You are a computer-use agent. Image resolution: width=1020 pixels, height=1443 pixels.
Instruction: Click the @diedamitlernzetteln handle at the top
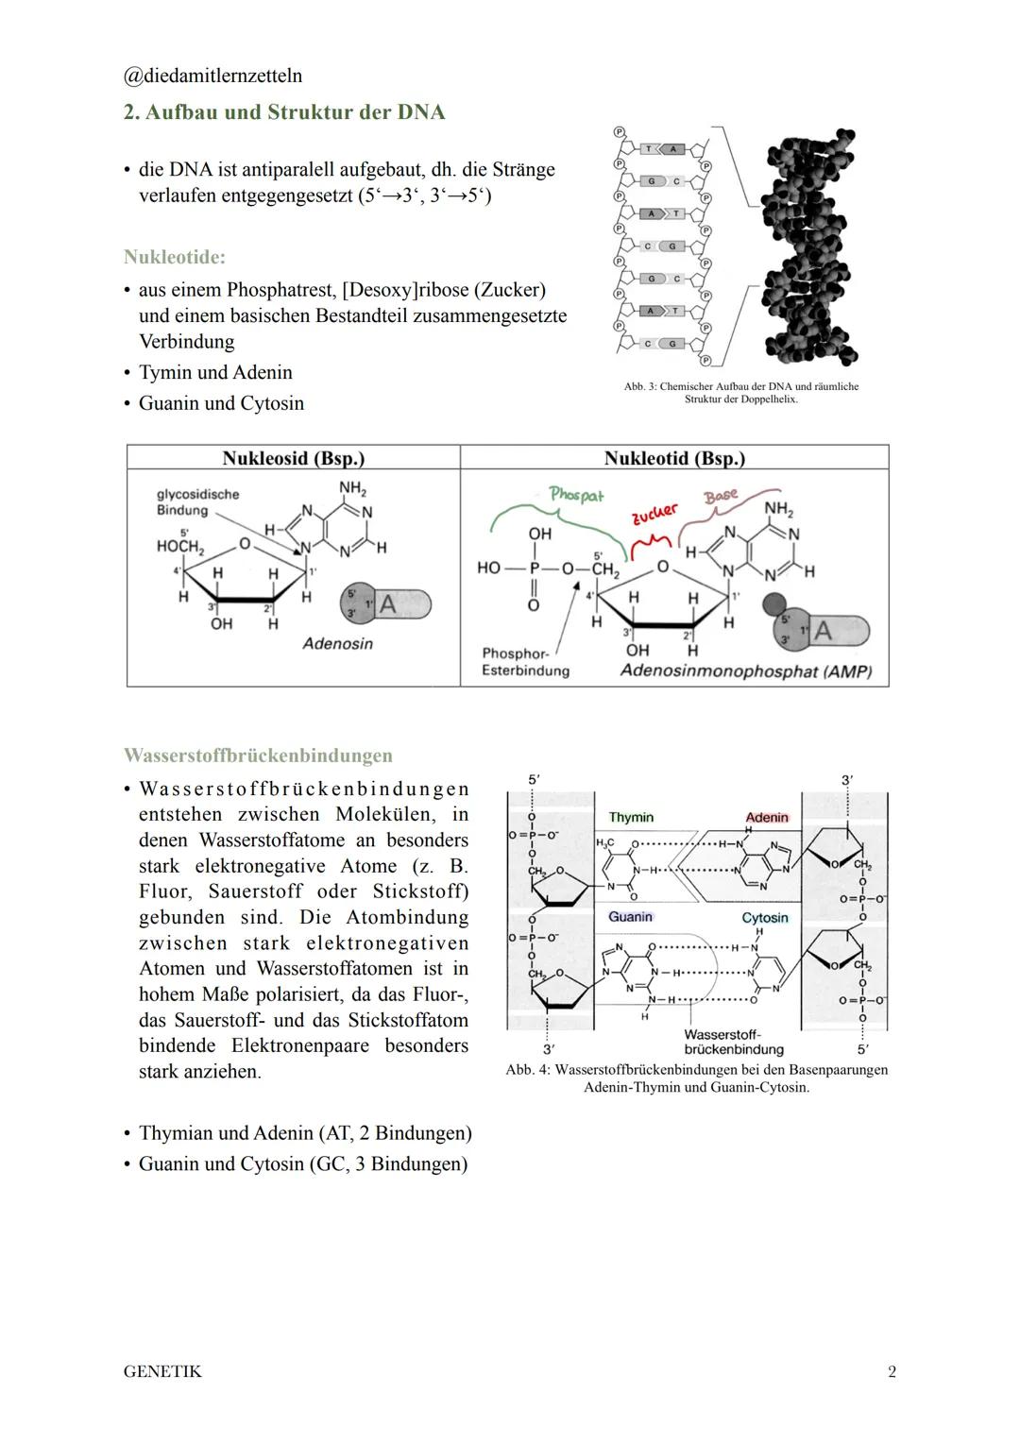[212, 76]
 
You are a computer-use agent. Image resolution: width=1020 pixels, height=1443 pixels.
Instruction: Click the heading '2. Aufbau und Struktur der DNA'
[284, 112]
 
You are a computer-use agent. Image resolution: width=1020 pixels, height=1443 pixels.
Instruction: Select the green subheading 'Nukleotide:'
[174, 257]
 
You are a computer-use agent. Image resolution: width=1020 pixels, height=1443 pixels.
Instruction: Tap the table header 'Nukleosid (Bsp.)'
[293, 458]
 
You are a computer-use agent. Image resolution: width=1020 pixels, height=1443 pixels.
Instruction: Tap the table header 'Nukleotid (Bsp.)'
[674, 458]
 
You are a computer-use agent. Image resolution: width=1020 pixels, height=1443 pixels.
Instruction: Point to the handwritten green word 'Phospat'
[576, 495]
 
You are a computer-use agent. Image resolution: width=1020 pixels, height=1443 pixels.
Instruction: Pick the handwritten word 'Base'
[721, 497]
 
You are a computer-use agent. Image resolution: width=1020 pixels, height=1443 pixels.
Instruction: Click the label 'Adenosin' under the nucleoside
[337, 644]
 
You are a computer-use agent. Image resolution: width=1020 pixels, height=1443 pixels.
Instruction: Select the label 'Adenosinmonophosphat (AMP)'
[745, 671]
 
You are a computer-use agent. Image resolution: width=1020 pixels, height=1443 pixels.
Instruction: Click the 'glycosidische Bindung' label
[197, 501]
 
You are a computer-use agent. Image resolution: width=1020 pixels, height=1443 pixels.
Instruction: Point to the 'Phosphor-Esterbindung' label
[525, 662]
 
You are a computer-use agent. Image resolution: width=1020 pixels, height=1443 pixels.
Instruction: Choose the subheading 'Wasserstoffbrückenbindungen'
[258, 755]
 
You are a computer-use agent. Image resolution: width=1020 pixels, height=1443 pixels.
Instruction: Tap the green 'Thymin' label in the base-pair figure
[631, 817]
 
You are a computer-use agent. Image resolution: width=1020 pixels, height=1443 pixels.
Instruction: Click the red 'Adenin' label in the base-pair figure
[766, 817]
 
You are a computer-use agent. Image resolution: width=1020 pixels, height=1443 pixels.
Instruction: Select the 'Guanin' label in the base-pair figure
[630, 917]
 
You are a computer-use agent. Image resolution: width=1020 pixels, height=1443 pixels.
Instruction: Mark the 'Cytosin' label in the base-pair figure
[764, 918]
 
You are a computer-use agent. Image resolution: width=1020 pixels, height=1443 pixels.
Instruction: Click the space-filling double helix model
[809, 246]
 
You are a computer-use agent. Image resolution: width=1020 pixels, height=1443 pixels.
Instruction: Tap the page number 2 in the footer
[892, 1371]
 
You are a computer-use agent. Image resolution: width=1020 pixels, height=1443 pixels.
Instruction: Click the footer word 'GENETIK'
[162, 1371]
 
